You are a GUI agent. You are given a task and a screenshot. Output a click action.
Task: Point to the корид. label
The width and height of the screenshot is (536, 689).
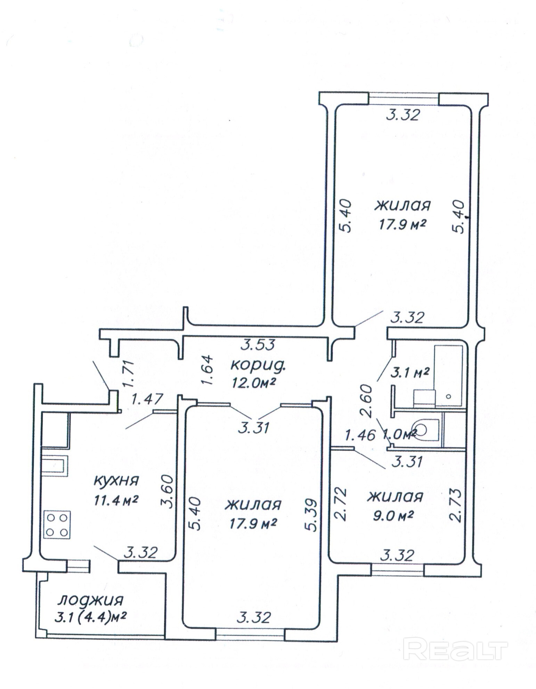click(x=258, y=366)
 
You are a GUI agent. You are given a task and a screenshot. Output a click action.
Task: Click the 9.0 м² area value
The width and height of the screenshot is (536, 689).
click(x=393, y=516)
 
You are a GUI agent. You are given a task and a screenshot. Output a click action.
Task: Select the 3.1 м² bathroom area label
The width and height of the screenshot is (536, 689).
click(x=410, y=373)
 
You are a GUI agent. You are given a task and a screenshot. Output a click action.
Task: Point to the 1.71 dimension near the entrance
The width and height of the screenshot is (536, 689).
click(x=128, y=374)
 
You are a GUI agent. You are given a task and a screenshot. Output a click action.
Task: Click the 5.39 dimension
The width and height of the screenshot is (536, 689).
click(x=311, y=515)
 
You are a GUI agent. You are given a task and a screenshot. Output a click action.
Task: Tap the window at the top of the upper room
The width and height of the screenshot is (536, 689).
click(x=404, y=98)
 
